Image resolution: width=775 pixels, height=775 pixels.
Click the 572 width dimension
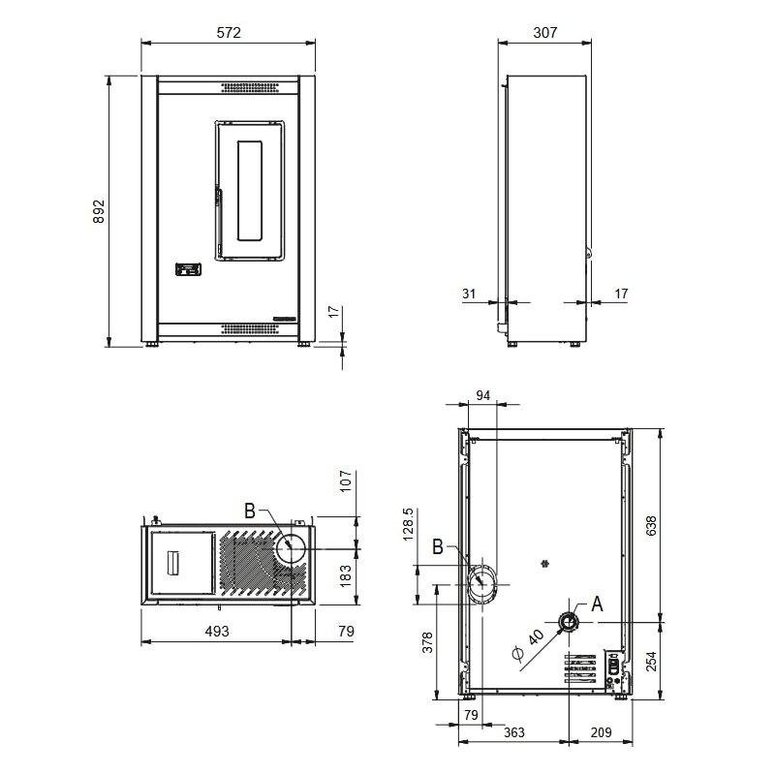click(x=228, y=32)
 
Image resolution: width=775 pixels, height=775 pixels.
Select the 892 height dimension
click(x=98, y=212)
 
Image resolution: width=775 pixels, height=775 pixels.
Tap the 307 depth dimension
click(x=544, y=32)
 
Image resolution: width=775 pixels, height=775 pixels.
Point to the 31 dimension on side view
click(x=470, y=293)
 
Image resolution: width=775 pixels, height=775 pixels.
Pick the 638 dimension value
click(x=652, y=525)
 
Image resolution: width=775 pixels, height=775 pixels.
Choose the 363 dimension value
click(x=514, y=731)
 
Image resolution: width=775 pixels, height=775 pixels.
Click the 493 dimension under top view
click(x=216, y=632)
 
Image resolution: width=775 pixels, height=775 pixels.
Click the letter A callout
click(x=597, y=603)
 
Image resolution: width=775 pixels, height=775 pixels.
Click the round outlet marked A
click(x=569, y=620)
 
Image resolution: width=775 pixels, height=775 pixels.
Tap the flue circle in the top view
click(x=291, y=549)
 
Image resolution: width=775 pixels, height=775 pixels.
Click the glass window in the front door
click(x=249, y=190)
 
